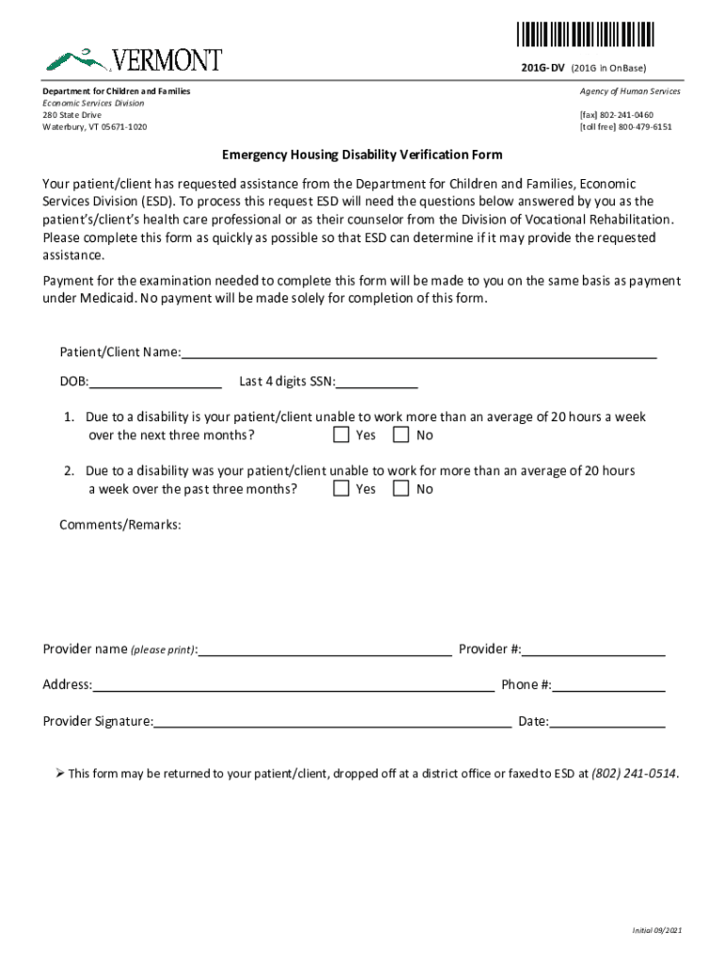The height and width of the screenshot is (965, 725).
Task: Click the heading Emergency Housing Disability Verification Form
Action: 362,155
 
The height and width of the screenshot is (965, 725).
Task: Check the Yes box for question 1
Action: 341,435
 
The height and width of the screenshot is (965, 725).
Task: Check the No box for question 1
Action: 401,435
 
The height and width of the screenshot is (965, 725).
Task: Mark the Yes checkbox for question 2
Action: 341,488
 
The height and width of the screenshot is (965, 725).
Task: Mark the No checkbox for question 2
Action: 401,488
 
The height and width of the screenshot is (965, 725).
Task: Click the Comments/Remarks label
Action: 121,524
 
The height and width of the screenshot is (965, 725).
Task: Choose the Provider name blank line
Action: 325,648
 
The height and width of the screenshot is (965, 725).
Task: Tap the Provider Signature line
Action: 332,721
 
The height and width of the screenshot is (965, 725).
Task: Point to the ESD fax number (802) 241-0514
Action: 634,774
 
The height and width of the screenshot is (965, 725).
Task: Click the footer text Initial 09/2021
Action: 656,930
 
